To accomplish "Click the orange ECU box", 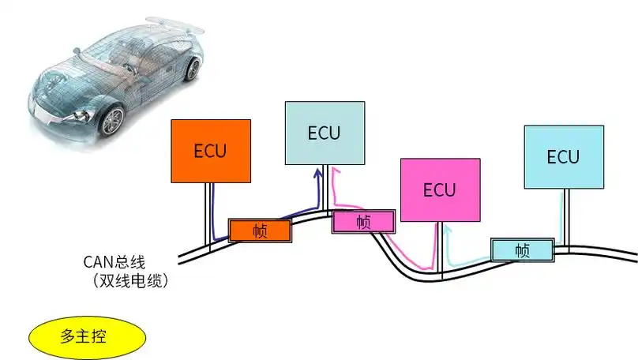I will pyautogui.click(x=211, y=151).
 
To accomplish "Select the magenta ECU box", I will pyautogui.click(x=440, y=189).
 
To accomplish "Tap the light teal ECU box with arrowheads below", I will pyautogui.click(x=325, y=133).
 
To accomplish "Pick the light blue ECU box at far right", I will pyautogui.click(x=564, y=156).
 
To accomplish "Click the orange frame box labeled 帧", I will pyautogui.click(x=260, y=230).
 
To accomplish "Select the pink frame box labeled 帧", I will pyautogui.click(x=362, y=222).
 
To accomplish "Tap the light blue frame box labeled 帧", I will pyautogui.click(x=521, y=249).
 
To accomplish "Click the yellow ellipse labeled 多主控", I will pyautogui.click(x=87, y=336).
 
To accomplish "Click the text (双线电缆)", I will pyautogui.click(x=130, y=279).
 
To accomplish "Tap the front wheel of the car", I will pyautogui.click(x=112, y=119).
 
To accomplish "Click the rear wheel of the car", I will pyautogui.click(x=191, y=69).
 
